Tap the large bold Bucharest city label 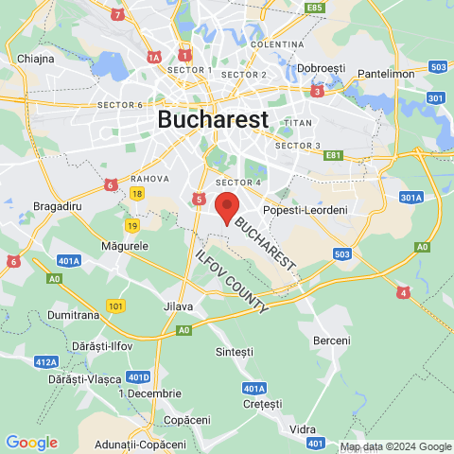(x=213, y=119)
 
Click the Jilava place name (x=178, y=306)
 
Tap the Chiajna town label (x=35, y=58)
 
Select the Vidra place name (x=303, y=429)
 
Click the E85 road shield (x=315, y=8)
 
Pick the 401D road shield (x=139, y=375)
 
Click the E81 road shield (x=333, y=155)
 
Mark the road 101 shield (x=115, y=306)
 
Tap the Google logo (x=31, y=442)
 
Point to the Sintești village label (x=236, y=351)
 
